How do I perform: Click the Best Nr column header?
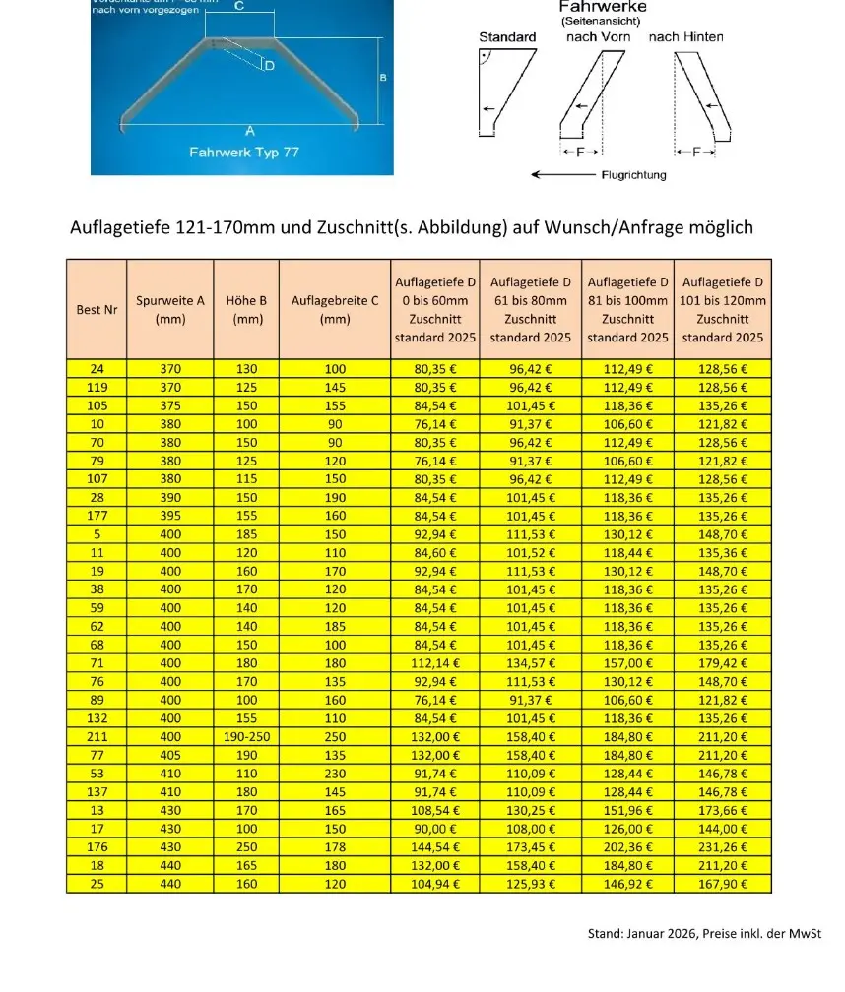tap(96, 309)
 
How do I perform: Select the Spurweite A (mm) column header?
tap(170, 309)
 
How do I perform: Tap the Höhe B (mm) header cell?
tap(246, 309)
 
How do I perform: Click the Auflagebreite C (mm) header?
tap(335, 309)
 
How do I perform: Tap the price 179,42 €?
tap(722, 663)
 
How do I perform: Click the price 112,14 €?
tap(434, 663)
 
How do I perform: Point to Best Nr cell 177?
tap(96, 516)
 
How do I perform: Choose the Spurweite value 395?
tap(170, 516)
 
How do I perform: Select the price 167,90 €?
tap(722, 884)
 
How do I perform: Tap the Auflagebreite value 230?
tap(335, 774)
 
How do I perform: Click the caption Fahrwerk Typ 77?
tap(243, 153)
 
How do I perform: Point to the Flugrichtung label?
tap(633, 175)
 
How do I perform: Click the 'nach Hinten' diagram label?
tap(685, 37)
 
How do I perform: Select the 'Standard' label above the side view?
tap(507, 37)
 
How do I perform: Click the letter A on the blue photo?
tap(249, 131)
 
